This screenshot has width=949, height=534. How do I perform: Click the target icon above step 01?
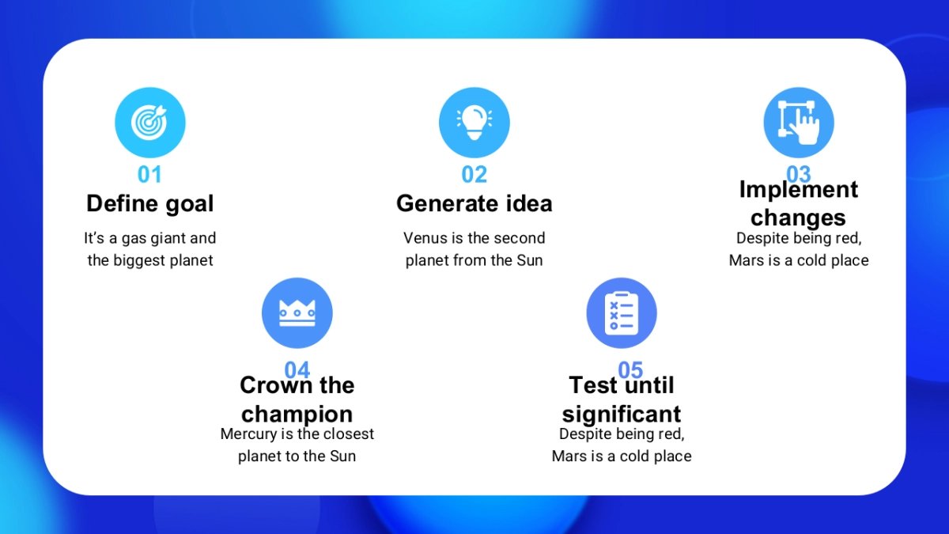click(x=149, y=123)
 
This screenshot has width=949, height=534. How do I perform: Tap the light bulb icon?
click(x=474, y=123)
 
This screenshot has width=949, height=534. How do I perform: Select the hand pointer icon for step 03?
click(x=799, y=123)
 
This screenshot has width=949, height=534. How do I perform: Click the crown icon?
click(x=297, y=313)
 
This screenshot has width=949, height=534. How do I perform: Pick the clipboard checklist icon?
click(x=622, y=313)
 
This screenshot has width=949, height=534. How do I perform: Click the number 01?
click(x=149, y=174)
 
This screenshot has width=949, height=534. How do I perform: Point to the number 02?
click(x=474, y=174)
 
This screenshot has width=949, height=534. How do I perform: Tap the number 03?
click(x=799, y=173)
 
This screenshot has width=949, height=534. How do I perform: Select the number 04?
click(x=297, y=369)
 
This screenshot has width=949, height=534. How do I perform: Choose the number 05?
click(x=630, y=369)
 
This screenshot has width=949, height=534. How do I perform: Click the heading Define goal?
click(x=150, y=204)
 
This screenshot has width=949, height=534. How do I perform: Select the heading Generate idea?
click(x=474, y=203)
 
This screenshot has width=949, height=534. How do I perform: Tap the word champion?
click(x=297, y=415)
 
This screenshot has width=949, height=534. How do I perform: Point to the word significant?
click(x=622, y=415)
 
